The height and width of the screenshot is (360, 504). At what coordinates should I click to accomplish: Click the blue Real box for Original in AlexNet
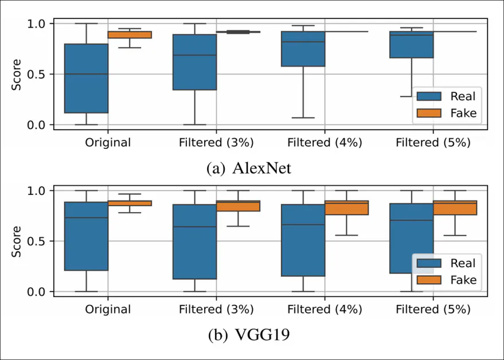point(86,79)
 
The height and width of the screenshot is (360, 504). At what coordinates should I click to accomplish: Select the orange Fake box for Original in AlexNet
point(130,35)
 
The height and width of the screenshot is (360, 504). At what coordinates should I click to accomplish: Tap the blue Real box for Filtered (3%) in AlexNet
point(194,62)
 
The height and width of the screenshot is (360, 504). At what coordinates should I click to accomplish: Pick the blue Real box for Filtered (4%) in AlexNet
point(303,49)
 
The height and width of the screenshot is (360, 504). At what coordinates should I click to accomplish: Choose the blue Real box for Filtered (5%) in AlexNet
point(411,45)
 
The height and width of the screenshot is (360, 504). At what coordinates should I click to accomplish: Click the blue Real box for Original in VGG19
point(86,236)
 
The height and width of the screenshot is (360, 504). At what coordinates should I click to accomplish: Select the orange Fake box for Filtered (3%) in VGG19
point(238,206)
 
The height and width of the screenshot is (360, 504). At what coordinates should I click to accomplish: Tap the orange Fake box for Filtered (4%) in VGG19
point(346,208)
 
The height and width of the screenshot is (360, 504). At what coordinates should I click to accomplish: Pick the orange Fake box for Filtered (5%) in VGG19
point(455,208)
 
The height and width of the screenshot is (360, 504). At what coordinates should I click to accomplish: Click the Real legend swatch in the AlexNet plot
point(429,95)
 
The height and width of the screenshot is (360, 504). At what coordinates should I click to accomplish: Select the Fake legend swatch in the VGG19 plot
point(429,280)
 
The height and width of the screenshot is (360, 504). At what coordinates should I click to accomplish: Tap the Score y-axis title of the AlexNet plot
point(17,75)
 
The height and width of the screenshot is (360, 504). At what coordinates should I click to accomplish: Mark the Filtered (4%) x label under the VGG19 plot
point(325,310)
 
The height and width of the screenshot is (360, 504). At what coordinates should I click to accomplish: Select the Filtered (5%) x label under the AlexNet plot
point(433,143)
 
